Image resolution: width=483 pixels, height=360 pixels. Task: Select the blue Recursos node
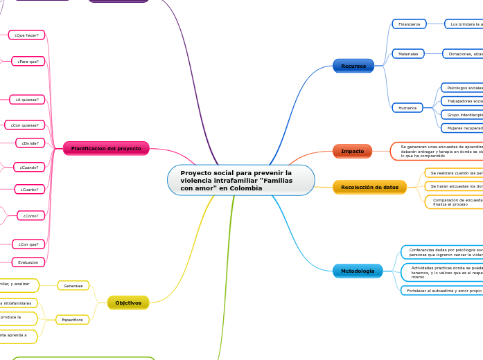pos(353,66)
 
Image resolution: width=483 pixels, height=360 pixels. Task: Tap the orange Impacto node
pos(352,151)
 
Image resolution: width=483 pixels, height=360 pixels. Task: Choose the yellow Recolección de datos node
pos(369,187)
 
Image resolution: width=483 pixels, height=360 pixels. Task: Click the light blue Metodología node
pos(357,271)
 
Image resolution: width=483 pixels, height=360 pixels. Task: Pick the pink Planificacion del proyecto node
pos(106,148)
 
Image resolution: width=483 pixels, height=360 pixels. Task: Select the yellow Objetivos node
pos(128,303)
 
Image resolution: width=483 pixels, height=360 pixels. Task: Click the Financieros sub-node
pos(409,24)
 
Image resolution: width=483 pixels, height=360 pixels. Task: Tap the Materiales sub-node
pos(408,53)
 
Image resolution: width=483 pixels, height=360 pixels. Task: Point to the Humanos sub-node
pos(407,108)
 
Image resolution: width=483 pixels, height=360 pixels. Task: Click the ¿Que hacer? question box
pos(26,35)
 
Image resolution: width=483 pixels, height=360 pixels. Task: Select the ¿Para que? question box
pos(28,62)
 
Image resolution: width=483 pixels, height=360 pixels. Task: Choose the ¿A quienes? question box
pos(27,100)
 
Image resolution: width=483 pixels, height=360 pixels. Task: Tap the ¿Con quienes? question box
pos(24,125)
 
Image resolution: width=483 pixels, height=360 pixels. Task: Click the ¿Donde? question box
pos(30,143)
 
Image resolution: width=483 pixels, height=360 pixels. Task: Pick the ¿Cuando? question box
pos(30,167)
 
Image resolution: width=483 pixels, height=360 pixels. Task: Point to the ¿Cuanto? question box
pos(30,189)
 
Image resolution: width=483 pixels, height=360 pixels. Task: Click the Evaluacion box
pos(28,262)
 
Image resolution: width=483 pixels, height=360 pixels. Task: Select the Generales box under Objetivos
pos(73,285)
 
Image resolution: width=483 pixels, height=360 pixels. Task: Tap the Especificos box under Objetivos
pos(73,320)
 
